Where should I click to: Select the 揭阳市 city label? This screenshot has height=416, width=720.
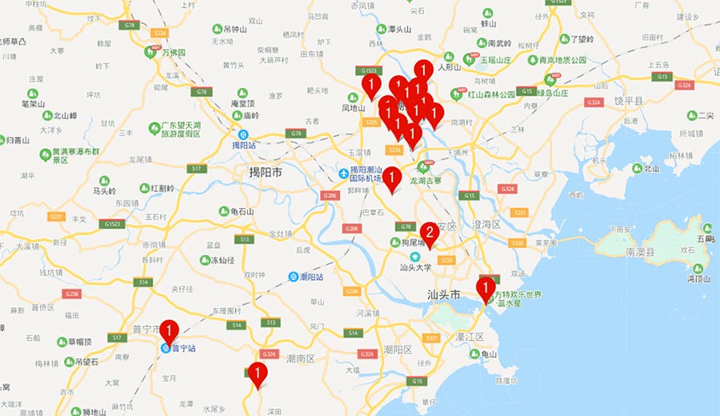point(266,172)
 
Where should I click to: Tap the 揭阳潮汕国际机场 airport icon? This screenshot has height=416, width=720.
point(344,173)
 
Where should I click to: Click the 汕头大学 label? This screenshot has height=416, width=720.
point(416,267)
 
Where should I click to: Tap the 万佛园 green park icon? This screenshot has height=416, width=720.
point(150,53)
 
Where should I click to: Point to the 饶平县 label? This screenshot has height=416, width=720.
point(630,101)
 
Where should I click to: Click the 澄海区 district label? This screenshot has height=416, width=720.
point(486,225)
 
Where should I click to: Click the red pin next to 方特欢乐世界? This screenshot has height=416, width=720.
point(485,288)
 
